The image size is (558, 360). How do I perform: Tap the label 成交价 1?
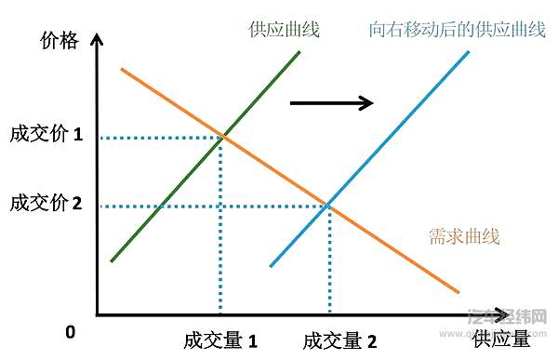pos(46,135)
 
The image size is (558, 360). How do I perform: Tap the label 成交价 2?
pos(46,202)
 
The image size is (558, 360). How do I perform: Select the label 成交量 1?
pos(220,340)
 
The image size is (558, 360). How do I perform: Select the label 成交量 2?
pos(339,340)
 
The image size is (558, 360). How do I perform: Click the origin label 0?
pos(70,332)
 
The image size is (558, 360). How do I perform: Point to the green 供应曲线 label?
pos(285,30)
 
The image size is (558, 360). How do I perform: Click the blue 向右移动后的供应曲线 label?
pos(457,30)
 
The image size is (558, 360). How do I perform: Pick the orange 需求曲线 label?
pos(464,236)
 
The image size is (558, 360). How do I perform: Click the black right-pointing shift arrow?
pos(331,101)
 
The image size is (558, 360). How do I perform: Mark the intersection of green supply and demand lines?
pos(221,139)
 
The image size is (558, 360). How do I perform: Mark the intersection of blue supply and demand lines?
pos(328,206)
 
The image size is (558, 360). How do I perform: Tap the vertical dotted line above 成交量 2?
pos(329,260)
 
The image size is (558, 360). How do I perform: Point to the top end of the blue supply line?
pos(468,51)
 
